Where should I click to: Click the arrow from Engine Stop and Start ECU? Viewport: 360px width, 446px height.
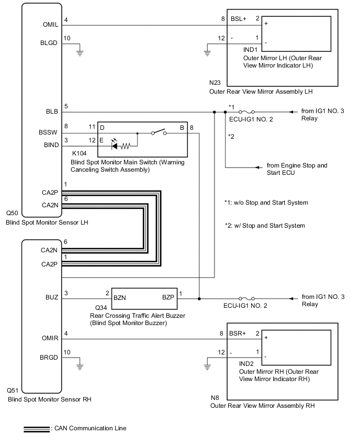point(258,168)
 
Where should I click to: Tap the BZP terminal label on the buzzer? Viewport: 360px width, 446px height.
point(168,297)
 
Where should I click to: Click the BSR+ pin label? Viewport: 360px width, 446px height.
point(238,333)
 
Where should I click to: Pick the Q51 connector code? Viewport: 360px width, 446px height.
point(14,391)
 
